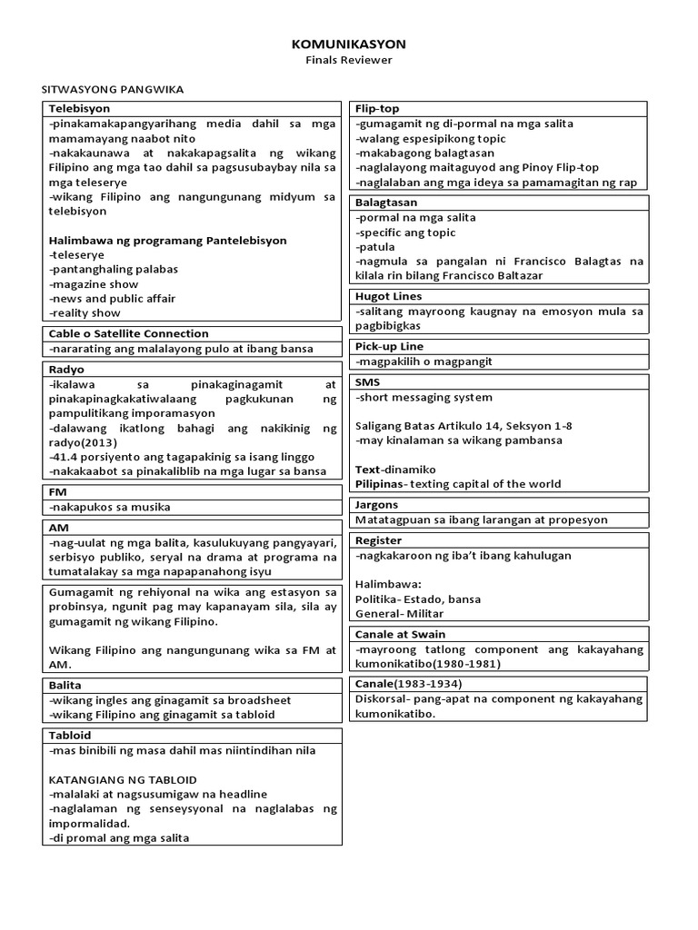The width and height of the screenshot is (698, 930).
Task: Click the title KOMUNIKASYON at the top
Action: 349,44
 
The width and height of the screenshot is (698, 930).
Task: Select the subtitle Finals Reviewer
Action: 349,60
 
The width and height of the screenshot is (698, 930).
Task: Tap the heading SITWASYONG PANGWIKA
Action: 114,89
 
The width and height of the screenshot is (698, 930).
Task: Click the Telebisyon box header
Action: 79,109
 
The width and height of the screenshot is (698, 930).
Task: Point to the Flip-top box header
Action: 377,109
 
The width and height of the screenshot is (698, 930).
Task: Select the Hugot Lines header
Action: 388,296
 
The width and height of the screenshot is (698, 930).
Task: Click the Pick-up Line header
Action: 389,346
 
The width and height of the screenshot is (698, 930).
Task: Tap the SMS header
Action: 368,382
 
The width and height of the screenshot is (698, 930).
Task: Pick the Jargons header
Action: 376,505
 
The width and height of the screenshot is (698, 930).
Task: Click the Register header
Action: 378,540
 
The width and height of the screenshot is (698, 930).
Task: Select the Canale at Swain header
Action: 400,634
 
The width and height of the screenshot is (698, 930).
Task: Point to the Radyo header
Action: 65,369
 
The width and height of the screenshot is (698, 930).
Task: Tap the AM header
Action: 58,527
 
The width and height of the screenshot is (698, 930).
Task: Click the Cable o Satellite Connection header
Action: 128,333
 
